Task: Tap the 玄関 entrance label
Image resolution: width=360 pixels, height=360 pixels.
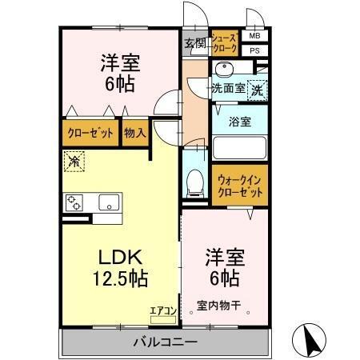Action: tap(194, 43)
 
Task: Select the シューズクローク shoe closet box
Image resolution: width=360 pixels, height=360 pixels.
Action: tap(225, 43)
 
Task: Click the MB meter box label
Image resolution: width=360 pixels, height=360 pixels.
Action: tap(254, 37)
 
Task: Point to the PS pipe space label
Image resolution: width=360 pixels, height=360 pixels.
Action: tap(254, 50)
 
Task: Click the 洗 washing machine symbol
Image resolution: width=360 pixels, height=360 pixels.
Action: tap(258, 90)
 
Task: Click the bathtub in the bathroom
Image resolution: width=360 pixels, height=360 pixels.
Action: tap(238, 148)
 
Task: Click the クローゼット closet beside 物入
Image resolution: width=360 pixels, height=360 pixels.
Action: tap(90, 134)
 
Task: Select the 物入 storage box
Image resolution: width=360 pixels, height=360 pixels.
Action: tap(135, 134)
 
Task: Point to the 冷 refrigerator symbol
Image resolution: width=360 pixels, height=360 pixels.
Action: tap(74, 162)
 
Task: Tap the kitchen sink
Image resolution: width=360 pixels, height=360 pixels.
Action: tap(108, 202)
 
